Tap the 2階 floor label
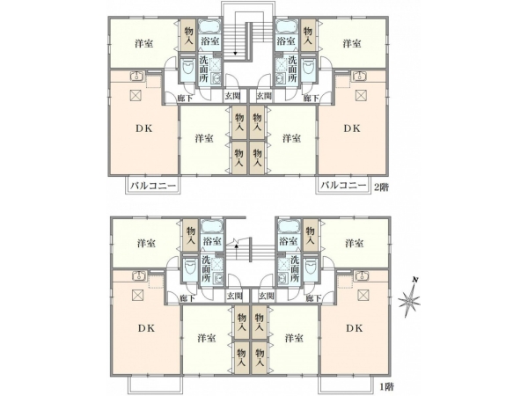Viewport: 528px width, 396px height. click(382, 187)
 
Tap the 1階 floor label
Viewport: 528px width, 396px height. click(387, 386)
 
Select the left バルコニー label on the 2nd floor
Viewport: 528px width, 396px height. click(153, 186)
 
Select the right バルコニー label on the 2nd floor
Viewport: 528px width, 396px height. click(343, 186)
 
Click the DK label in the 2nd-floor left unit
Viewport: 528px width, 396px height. click(143, 128)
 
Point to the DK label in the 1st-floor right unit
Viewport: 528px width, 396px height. click(355, 328)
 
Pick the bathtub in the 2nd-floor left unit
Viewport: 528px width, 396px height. click(209, 26)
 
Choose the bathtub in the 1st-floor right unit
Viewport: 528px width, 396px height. click(289, 226)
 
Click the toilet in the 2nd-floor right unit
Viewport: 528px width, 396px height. click(308, 68)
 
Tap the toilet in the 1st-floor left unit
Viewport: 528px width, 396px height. click(190, 267)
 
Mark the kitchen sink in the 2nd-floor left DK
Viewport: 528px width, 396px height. click(136, 76)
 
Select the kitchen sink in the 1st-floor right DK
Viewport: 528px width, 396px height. click(362, 275)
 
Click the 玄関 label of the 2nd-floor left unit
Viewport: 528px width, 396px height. click(232, 96)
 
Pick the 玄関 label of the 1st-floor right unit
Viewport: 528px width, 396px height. click(267, 297)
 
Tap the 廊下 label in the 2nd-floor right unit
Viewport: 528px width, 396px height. click(312, 98)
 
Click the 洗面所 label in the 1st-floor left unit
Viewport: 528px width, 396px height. click(206, 268)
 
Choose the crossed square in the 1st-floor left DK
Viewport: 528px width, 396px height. click(138, 296)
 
